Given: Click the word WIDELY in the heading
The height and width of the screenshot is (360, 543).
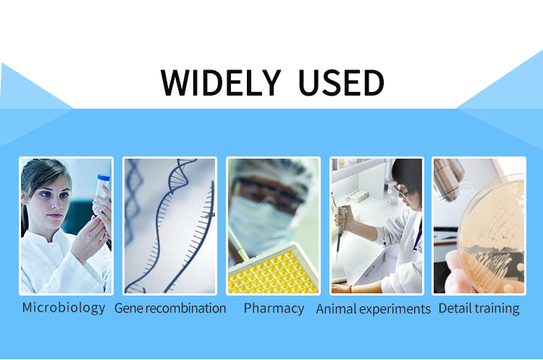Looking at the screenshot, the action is coord(221,83).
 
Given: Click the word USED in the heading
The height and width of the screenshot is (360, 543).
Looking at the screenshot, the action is coord(341,83).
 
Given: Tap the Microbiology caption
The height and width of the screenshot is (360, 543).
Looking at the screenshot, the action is coord(64,308).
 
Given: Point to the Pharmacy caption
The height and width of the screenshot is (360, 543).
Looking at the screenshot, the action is coord(274,309).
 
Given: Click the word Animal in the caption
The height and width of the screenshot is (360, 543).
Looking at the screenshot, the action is coord(337,309).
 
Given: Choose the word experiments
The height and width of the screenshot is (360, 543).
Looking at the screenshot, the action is coord(395,309).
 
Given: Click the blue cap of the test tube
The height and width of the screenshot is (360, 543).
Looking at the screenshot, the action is coord(104,177).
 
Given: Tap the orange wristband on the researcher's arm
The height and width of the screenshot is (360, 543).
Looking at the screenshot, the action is coord(350,289).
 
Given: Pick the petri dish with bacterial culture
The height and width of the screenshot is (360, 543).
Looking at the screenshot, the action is coord(492,233).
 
